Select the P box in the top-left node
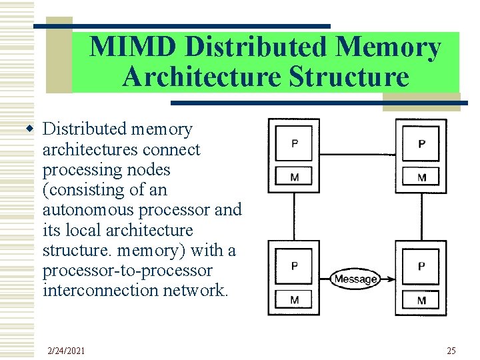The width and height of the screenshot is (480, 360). [x=295, y=143]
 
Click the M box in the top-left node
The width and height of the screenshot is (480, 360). [x=295, y=177]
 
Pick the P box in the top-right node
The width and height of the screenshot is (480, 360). [x=421, y=143]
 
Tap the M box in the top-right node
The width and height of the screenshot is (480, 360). [x=421, y=177]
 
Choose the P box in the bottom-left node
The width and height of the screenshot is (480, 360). [x=295, y=266]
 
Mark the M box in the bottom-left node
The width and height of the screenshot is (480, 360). [x=295, y=300]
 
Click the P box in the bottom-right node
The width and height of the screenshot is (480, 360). [x=421, y=266]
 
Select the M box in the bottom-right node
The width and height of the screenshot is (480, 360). [x=421, y=300]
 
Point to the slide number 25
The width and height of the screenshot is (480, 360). [x=451, y=351]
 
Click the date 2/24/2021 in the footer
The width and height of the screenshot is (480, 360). [x=66, y=351]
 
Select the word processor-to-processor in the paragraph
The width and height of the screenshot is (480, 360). [x=127, y=271]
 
